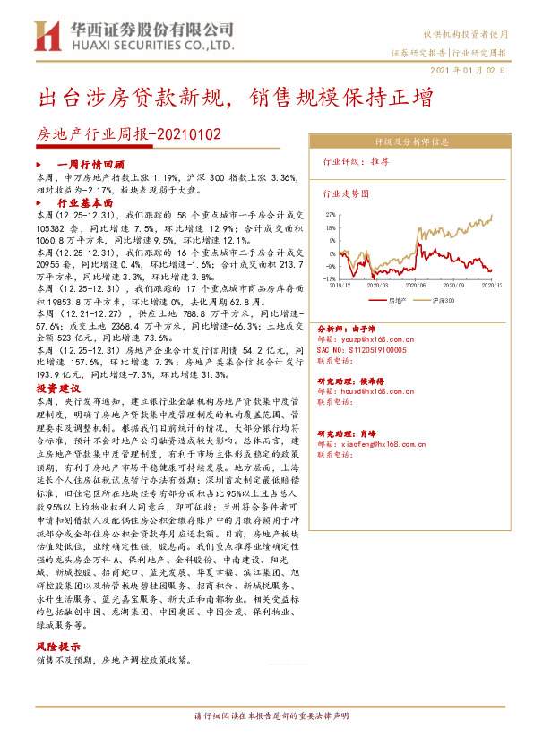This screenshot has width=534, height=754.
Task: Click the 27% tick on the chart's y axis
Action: click(330, 216)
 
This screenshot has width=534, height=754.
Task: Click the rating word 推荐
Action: click(380, 163)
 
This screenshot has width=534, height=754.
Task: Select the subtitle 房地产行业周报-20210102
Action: click(127, 134)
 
